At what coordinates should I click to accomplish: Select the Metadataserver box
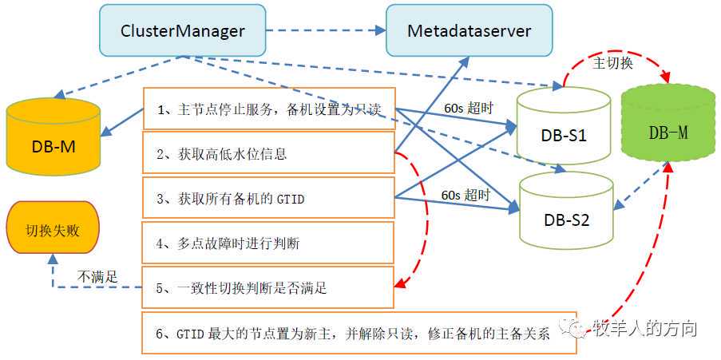[x=469, y=31]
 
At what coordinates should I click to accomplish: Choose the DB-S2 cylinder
[x=565, y=209]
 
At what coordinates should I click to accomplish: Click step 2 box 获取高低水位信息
[x=269, y=153]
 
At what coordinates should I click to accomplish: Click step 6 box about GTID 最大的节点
[x=359, y=333]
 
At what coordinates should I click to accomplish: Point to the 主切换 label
[x=613, y=63]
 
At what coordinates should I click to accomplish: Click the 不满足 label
[x=97, y=277]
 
